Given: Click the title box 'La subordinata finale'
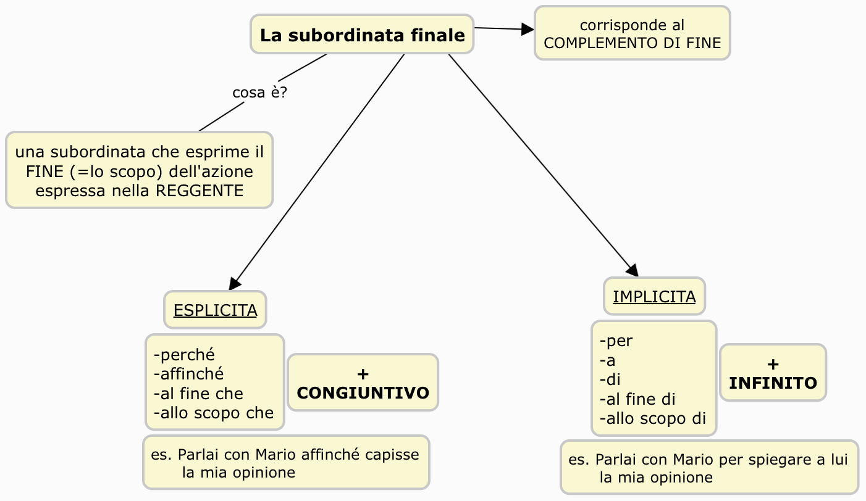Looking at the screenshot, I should coord(362,35).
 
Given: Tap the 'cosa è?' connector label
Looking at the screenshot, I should coord(259,93).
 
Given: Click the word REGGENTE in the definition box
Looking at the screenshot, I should coord(200,191).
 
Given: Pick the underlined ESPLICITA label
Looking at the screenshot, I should coord(215,310).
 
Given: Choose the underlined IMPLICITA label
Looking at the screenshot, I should coord(654,297).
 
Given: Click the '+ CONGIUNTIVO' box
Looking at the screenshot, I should coord(363,383).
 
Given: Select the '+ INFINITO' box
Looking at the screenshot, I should coord(773,373).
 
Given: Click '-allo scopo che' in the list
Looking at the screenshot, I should coord(214,413).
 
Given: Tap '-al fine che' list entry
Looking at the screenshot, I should coord(198,394).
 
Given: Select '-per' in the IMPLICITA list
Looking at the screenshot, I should coord(616,341).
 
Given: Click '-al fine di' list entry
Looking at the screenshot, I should coord(637,399).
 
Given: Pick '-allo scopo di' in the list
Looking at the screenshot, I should coord(653,418).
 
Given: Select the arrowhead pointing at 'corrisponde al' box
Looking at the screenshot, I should coord(528,29).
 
